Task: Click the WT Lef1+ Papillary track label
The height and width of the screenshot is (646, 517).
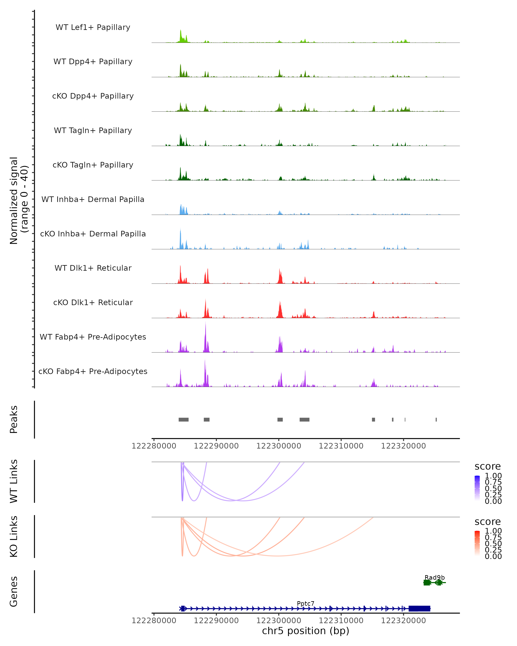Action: point(93,27)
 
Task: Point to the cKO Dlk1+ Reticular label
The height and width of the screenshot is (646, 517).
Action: point(93,302)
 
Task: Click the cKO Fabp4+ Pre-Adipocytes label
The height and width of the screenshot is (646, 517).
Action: point(93,371)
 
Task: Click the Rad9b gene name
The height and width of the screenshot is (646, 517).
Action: point(434,577)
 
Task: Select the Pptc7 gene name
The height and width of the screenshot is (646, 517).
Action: point(305,603)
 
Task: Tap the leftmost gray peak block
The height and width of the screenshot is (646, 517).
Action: point(183,419)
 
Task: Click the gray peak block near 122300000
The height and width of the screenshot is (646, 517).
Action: point(280,419)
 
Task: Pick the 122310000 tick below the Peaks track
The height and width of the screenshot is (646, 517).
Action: point(341,446)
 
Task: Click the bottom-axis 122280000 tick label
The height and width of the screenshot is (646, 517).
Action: point(154,621)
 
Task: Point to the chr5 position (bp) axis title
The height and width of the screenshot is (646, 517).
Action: point(305,631)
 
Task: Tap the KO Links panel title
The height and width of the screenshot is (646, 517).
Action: point(14,537)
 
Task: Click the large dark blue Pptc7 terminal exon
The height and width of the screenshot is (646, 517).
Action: point(419,609)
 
